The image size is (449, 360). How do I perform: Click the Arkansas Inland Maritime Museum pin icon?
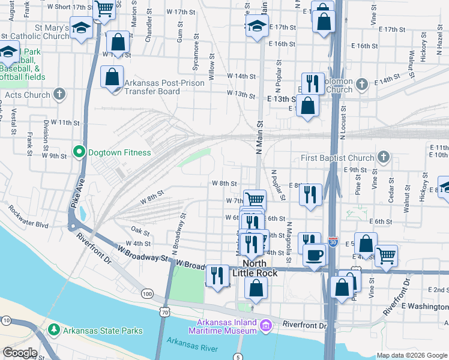coord(265,326)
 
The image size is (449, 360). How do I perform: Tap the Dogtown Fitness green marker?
coord(79,152)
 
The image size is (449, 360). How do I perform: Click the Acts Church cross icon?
coord(59,94)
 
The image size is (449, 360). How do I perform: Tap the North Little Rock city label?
coord(261,268)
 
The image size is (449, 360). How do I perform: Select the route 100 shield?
coord(146,293)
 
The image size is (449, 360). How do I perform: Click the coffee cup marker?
coord(313,254)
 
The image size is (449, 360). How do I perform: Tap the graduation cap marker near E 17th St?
coord(257,26)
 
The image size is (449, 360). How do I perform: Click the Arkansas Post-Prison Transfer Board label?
coord(152,88)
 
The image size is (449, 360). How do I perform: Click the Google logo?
coord(20,353)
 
